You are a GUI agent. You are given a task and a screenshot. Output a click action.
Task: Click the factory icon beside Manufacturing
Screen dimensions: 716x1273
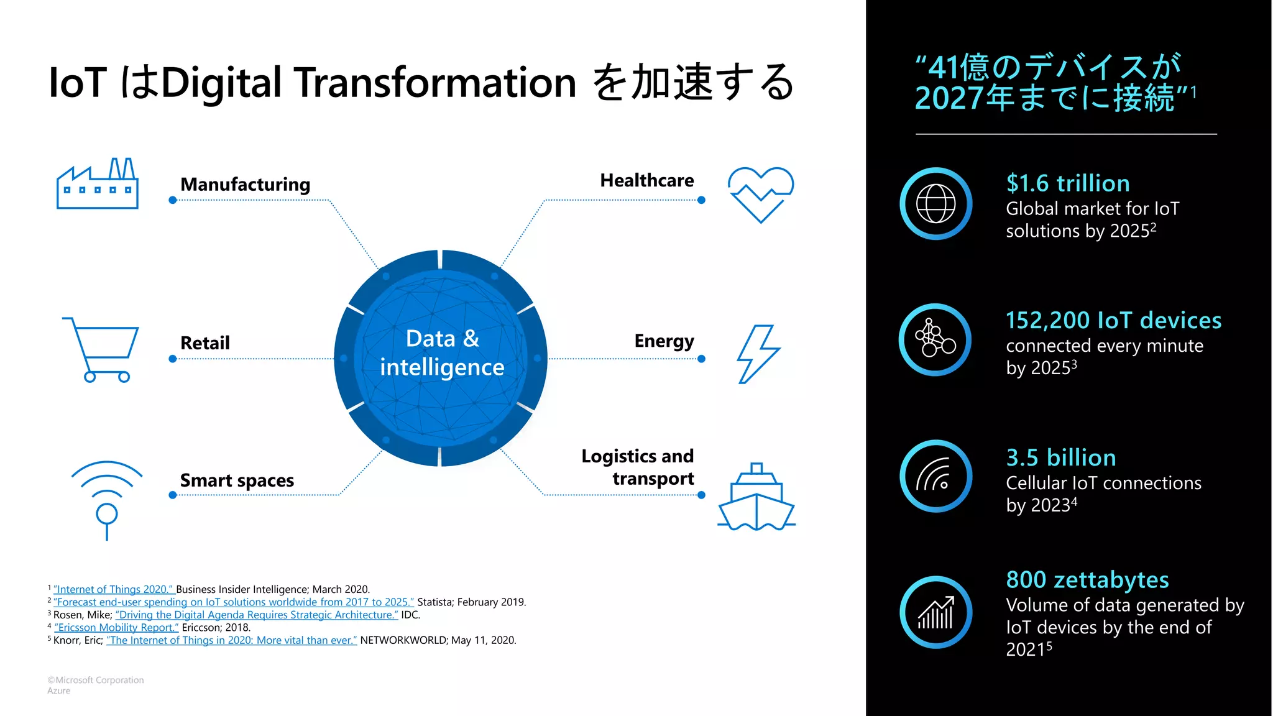point(97,184)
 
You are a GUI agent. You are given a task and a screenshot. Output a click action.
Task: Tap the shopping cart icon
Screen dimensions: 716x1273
point(102,349)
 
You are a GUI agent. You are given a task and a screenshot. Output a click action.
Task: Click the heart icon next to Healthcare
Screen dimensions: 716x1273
point(760,193)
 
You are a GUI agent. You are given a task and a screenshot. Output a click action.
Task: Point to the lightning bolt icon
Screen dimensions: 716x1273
point(758,354)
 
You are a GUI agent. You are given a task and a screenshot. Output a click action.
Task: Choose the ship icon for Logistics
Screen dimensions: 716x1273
point(756,498)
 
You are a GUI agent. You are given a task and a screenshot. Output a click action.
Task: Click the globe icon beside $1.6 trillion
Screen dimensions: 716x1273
point(935,204)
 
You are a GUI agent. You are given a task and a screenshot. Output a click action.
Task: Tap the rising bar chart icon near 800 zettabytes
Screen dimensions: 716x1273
point(935,613)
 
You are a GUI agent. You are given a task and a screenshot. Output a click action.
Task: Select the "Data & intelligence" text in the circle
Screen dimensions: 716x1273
point(442,353)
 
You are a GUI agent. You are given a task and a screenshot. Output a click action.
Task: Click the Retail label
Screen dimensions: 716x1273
point(205,343)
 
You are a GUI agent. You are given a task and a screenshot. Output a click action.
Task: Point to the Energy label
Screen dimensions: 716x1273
point(664,341)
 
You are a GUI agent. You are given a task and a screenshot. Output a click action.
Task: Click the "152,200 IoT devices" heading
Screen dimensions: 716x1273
point(1113,321)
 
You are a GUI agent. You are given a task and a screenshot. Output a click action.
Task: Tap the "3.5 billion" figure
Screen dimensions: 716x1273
point(1061,458)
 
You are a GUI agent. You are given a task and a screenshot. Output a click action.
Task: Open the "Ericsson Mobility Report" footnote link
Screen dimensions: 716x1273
point(117,628)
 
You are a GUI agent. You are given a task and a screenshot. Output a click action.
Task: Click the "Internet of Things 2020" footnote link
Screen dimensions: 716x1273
point(114,589)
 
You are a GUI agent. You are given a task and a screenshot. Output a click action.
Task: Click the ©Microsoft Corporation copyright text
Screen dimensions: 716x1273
point(96,680)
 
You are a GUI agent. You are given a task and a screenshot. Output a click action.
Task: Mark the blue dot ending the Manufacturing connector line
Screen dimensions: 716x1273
point(173,200)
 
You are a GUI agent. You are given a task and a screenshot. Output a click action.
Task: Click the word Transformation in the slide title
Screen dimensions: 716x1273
point(435,83)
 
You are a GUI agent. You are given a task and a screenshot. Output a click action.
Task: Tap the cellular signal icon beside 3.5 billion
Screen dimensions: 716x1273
point(935,477)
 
